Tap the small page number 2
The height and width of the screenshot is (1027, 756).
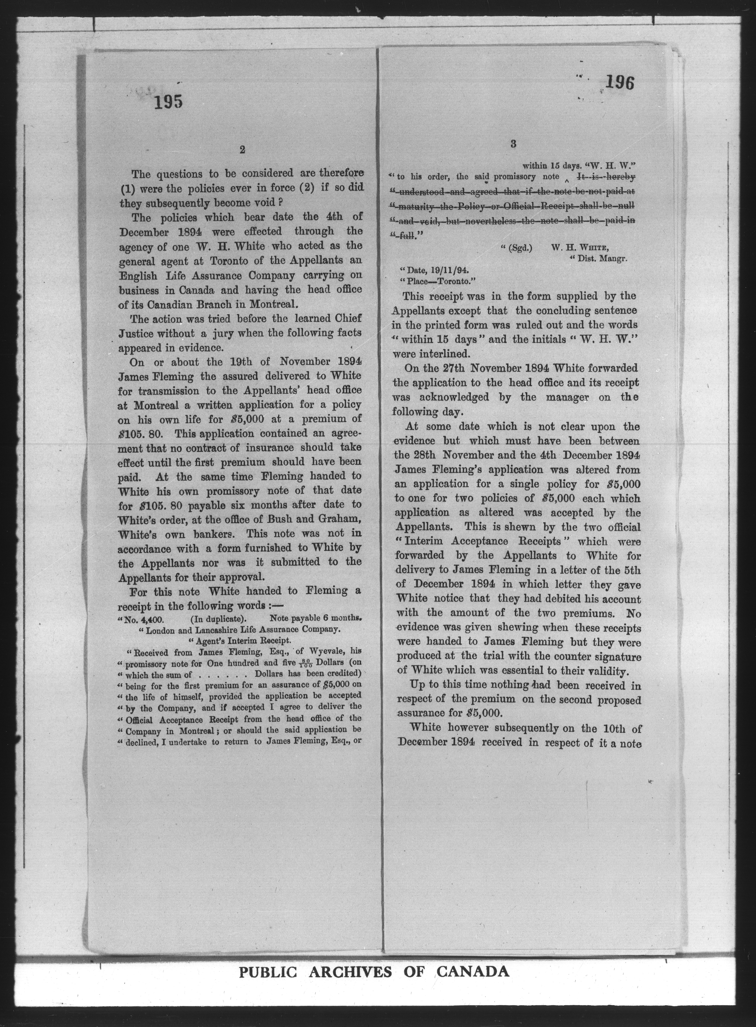coord(242,150)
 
